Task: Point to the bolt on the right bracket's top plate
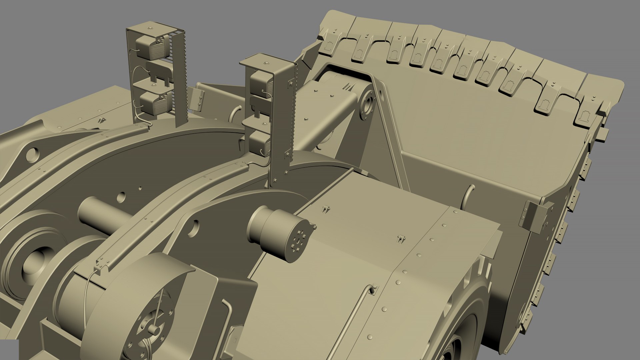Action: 267,63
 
